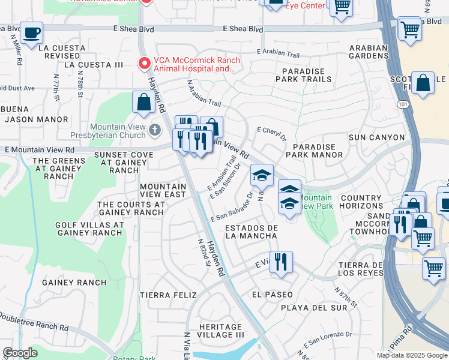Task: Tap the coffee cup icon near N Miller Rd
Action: click(31, 33)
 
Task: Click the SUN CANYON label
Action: click(377, 137)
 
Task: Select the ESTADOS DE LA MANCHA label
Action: click(252, 232)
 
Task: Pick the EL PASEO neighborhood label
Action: click(273, 295)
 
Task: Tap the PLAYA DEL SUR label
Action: click(314, 308)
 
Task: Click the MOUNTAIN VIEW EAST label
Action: click(163, 191)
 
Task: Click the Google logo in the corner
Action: click(20, 353)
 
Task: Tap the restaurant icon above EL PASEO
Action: click(280, 262)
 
